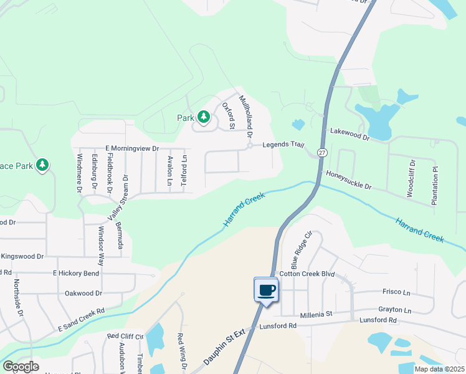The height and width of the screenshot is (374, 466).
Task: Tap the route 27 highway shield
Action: pyautogui.click(x=321, y=153)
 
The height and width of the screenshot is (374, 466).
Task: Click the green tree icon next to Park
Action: pyautogui.click(x=203, y=117)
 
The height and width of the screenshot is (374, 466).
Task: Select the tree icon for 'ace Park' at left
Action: pyautogui.click(x=42, y=165)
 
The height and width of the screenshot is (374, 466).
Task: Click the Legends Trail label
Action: pyautogui.click(x=283, y=145)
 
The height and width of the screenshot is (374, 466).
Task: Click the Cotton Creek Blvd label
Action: pyautogui.click(x=307, y=274)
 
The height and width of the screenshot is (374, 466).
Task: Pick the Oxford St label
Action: pyautogui.click(x=227, y=116)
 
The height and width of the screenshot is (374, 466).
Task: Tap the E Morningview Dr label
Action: pyautogui.click(x=133, y=148)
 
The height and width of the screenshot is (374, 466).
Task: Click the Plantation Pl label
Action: pyautogui.click(x=435, y=186)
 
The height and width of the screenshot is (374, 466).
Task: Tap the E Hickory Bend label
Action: pyautogui.click(x=76, y=273)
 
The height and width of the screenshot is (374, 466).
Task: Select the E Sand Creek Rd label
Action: pyautogui.click(x=81, y=319)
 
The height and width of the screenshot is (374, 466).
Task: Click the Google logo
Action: pyautogui.click(x=21, y=367)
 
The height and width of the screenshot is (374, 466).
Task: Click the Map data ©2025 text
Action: pyautogui.click(x=439, y=369)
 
